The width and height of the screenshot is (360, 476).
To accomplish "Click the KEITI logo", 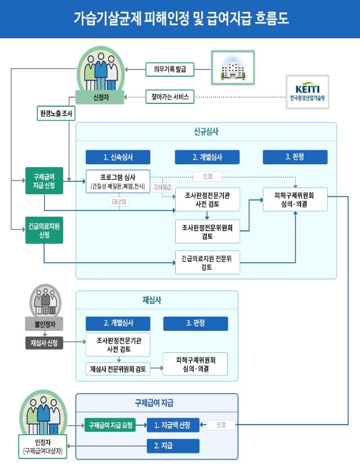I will [307, 93].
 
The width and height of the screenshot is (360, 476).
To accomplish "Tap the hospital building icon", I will [233, 68].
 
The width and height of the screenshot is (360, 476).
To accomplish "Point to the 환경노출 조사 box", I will [56, 113].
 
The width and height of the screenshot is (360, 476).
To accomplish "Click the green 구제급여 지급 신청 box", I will [45, 182].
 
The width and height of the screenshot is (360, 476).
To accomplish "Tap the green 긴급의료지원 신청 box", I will [45, 230].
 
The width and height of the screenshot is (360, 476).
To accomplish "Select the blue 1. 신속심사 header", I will [118, 157].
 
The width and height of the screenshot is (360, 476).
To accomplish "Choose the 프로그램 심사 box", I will [118, 181].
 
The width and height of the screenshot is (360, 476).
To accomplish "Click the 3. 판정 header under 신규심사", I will [294, 157].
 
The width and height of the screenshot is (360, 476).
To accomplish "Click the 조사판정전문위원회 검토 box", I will [207, 230].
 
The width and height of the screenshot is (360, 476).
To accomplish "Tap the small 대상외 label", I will [119, 201].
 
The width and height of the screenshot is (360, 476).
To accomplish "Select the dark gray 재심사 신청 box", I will [44, 343].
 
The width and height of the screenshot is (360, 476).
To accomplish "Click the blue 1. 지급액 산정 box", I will [173, 425].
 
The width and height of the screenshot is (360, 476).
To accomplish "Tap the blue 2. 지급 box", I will [173, 446].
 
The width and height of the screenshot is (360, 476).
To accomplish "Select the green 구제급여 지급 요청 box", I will [110, 425].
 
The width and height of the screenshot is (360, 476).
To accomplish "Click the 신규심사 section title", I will [206, 132].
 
